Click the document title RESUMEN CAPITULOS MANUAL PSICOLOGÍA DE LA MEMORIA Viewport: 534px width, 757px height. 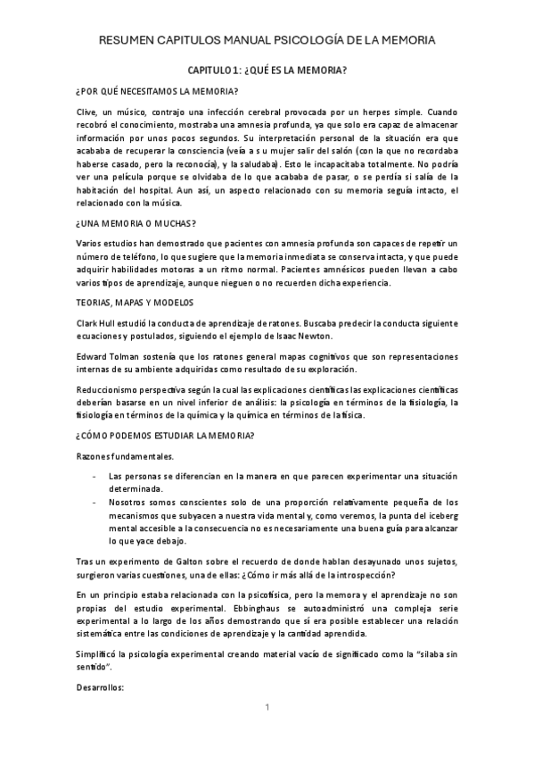click(267, 41)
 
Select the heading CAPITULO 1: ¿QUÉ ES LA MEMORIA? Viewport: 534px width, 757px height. click(267, 69)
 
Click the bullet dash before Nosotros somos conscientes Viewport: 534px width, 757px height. click(95, 502)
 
